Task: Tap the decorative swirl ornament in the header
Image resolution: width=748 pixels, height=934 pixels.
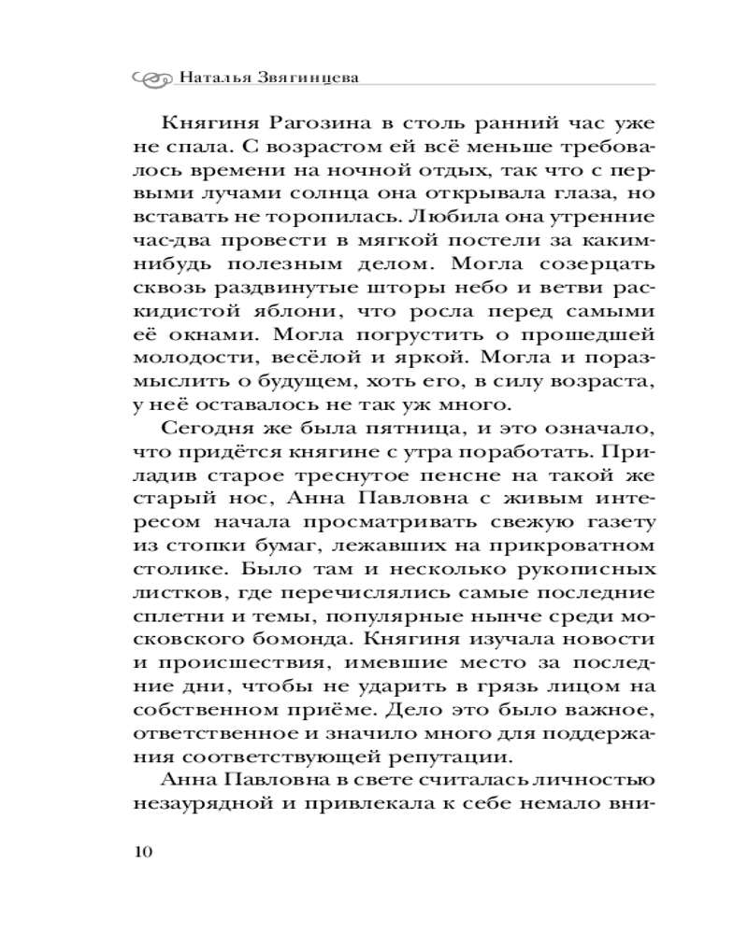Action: click(x=151, y=78)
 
